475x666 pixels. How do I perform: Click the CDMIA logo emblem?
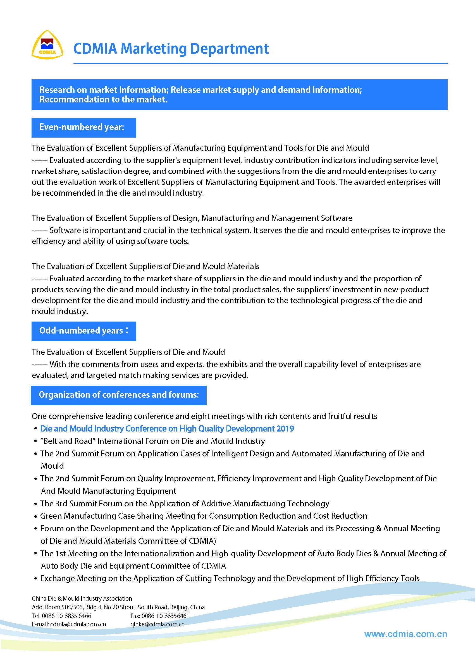[x=47, y=45]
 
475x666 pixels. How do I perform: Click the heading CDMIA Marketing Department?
[x=171, y=49]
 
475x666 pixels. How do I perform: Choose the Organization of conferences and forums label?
[x=119, y=395]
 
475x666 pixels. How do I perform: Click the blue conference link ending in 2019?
[x=167, y=429]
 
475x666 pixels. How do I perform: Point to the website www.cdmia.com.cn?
[x=405, y=634]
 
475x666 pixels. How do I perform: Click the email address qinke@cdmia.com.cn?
[x=157, y=624]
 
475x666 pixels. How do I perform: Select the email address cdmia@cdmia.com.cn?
[x=78, y=624]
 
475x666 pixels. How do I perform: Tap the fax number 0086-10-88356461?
[x=165, y=616]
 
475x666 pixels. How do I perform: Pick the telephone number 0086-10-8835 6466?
[x=66, y=616]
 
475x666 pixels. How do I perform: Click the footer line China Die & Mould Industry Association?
[x=82, y=598]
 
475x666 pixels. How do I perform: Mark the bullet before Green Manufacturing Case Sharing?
[x=35, y=516]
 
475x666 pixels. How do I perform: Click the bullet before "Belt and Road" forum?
[x=35, y=441]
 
